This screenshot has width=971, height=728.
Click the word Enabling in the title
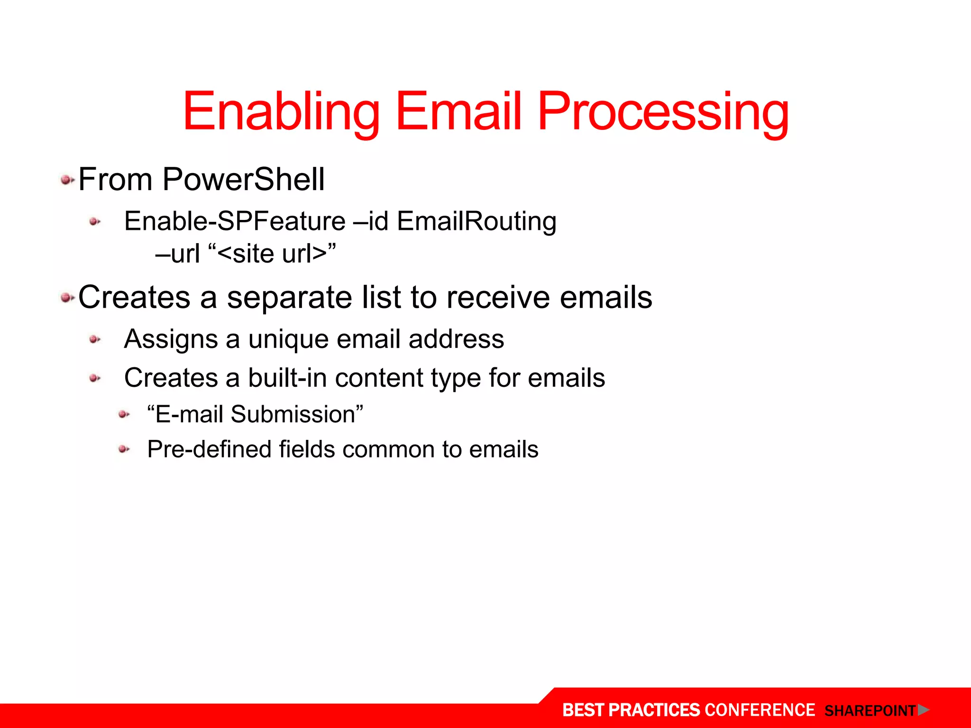point(281,113)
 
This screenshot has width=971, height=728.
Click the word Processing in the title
point(663,113)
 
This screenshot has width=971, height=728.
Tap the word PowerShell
point(243,180)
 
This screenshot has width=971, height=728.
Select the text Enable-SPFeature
point(235,221)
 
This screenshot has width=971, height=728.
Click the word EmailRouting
point(476,221)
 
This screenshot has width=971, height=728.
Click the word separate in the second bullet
point(290,298)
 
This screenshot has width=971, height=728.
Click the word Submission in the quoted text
point(293,414)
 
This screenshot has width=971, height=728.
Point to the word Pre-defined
point(209,449)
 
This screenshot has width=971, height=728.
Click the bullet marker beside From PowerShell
point(67,180)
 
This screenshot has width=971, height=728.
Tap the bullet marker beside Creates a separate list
point(67,298)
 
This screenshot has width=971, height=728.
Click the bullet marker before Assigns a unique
point(95,339)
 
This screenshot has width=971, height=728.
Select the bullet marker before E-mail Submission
point(124,415)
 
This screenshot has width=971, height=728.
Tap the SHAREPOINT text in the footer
point(870,711)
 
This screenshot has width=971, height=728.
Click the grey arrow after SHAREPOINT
point(923,710)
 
